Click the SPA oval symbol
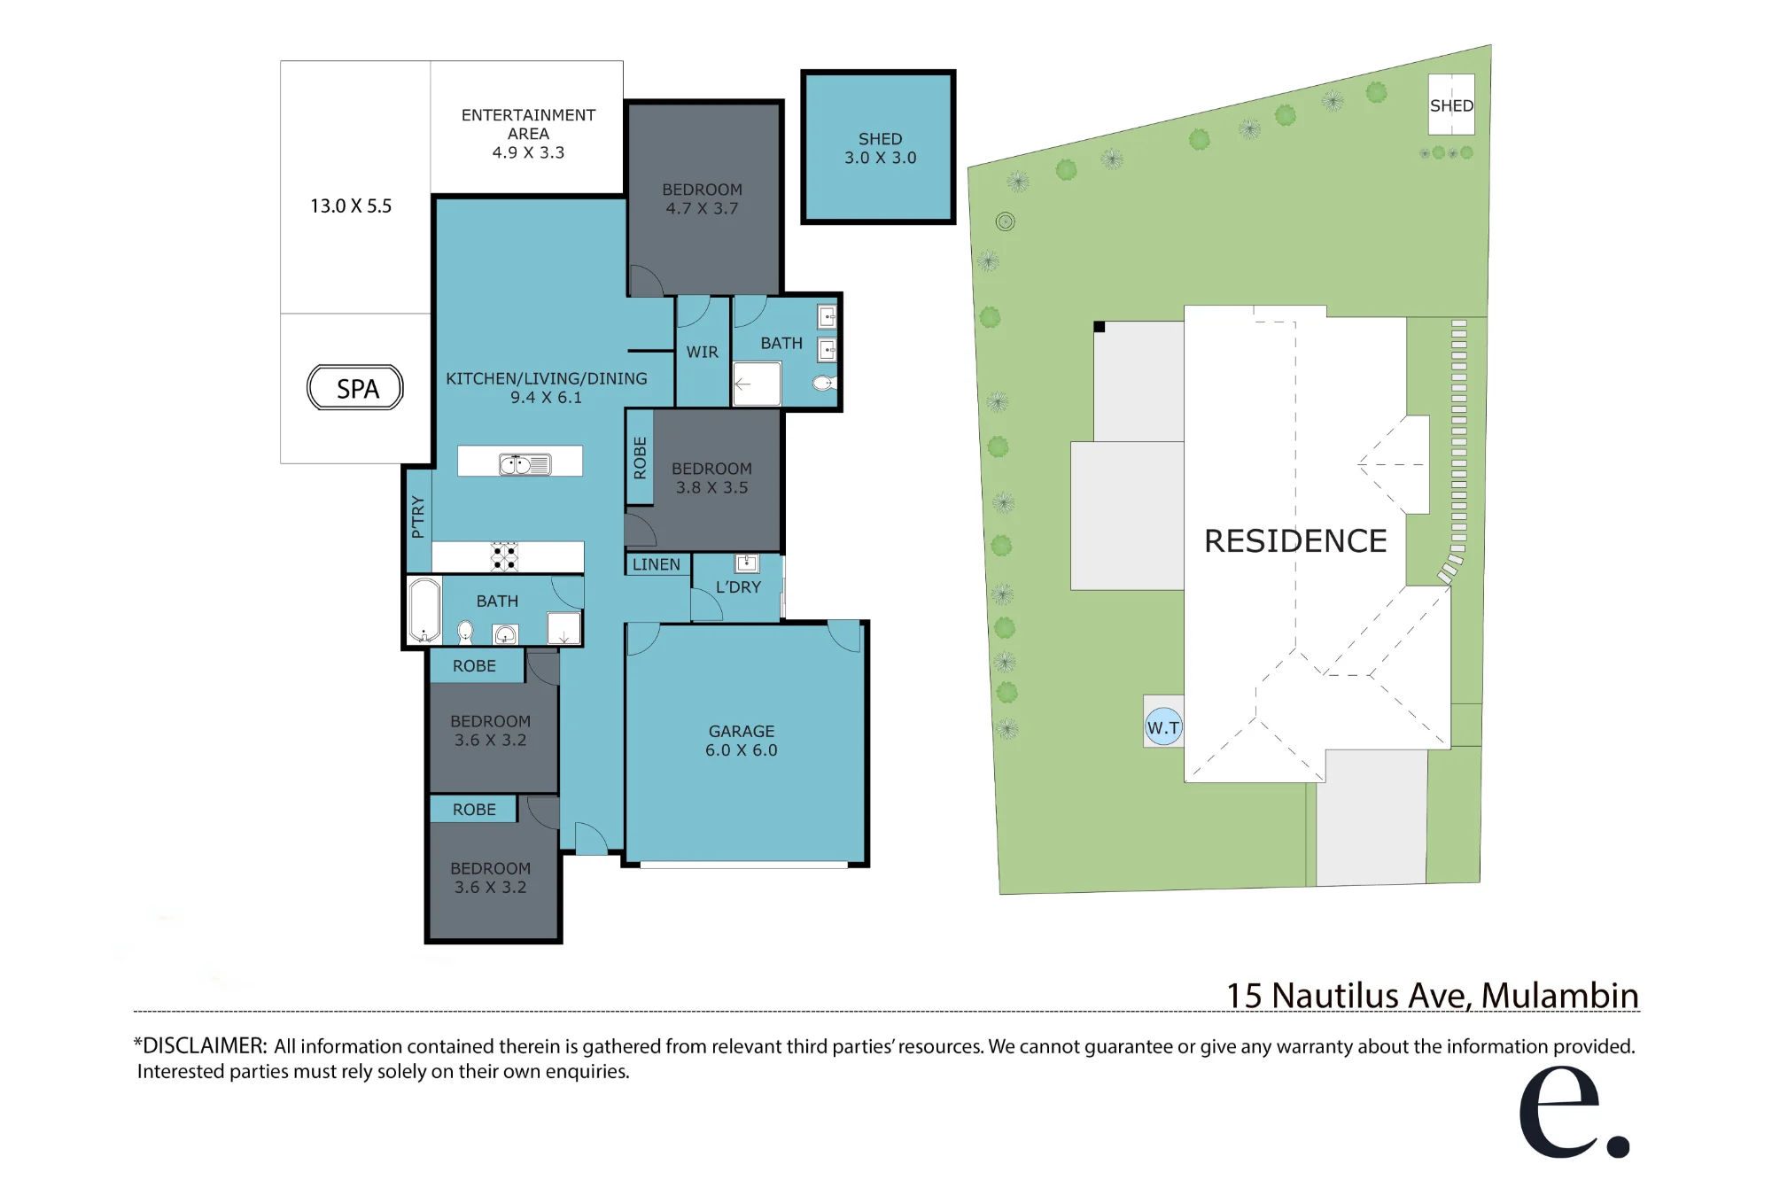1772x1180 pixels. coord(355,388)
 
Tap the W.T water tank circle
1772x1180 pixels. coord(1163,727)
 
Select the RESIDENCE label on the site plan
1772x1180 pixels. coord(1295,541)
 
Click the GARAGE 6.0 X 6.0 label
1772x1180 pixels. coord(742,741)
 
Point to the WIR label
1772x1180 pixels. coord(703,352)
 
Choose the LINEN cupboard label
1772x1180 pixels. coord(657,564)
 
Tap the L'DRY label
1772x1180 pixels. coord(738,586)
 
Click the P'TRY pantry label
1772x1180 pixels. coord(418,517)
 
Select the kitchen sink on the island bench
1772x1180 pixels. coord(525,464)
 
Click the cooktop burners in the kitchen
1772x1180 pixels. coord(505,556)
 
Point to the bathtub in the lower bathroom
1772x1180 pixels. coord(424,610)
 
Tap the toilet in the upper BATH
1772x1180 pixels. coord(824,384)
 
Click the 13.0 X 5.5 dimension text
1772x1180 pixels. coord(351,206)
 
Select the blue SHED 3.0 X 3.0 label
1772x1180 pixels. coord(880,148)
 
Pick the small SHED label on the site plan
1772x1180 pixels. coord(1451,105)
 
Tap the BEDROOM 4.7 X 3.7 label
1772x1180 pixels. coord(703,198)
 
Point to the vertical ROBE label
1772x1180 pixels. coord(640,458)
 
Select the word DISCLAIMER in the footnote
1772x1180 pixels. coord(205,1045)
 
